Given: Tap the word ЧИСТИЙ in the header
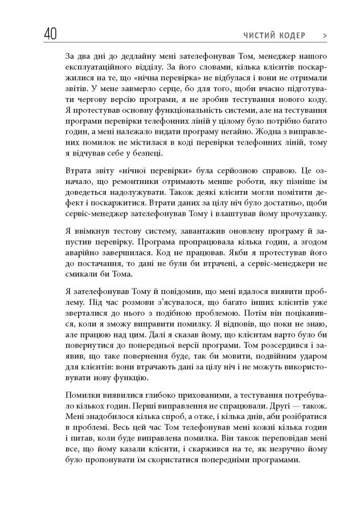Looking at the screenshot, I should click(x=258, y=36).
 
